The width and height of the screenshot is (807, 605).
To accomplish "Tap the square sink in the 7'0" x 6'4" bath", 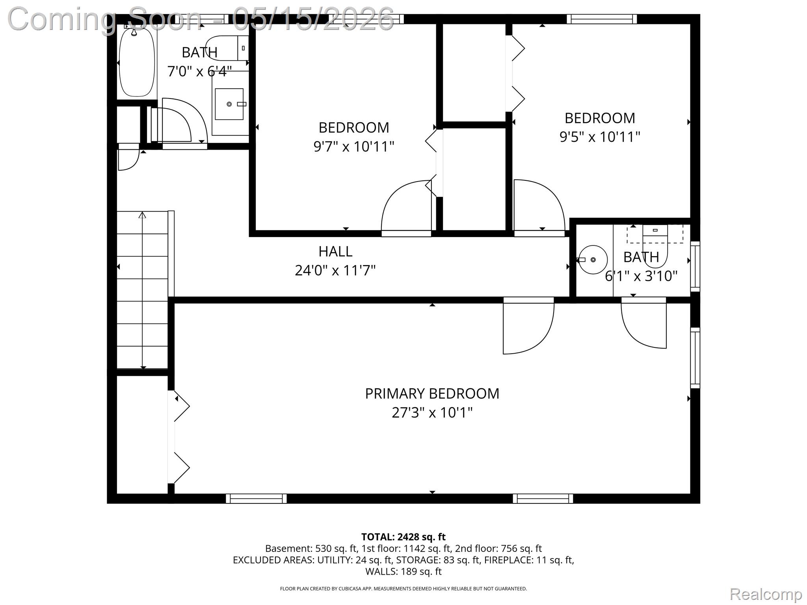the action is point(229,104).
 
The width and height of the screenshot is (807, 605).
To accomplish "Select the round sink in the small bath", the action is point(593,260).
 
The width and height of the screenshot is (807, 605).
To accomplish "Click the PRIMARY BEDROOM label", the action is point(432,393).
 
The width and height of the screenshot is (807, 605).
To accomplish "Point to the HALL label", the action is point(335,251).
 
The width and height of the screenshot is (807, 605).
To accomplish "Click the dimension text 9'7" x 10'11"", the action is point(354,147).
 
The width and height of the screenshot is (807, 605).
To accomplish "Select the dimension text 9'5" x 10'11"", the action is point(600,137).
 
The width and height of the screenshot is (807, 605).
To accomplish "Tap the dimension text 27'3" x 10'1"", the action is point(432,413).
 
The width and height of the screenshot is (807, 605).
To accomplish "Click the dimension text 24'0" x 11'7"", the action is point(335,271).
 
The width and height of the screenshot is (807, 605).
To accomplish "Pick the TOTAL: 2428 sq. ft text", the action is point(403,537).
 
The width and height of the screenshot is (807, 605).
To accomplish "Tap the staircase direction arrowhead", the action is point(142,215).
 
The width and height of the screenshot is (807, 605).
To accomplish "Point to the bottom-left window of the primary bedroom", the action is point(256,498).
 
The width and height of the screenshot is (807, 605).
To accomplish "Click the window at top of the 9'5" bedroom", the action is point(602,19).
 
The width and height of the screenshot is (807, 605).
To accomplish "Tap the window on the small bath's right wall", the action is point(695,266).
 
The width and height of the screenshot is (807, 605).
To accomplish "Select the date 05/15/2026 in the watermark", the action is point(313,19).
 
